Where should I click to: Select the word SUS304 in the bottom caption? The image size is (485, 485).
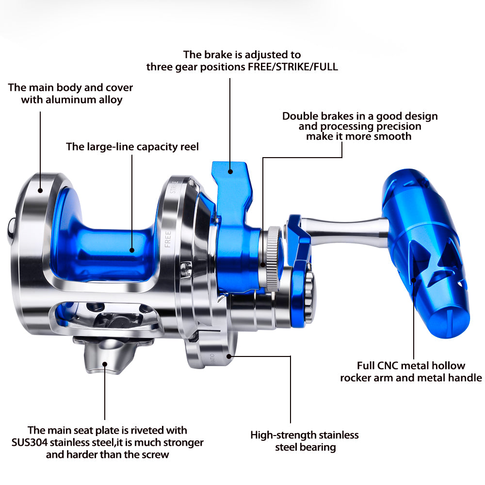tap(30, 442)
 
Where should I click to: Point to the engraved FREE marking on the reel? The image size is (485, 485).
tap(168, 239)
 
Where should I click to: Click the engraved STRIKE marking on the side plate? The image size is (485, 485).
tap(175, 187)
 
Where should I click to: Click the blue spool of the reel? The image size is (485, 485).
tap(102, 244)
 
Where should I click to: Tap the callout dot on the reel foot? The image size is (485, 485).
tap(105, 364)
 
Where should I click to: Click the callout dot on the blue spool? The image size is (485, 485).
tap(132, 250)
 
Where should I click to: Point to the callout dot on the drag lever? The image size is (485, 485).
tap(230, 171)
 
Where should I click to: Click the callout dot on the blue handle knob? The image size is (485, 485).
tap(414, 280)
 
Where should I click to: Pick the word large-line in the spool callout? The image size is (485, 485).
tap(110, 147)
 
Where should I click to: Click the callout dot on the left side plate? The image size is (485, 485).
tap(40, 191)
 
